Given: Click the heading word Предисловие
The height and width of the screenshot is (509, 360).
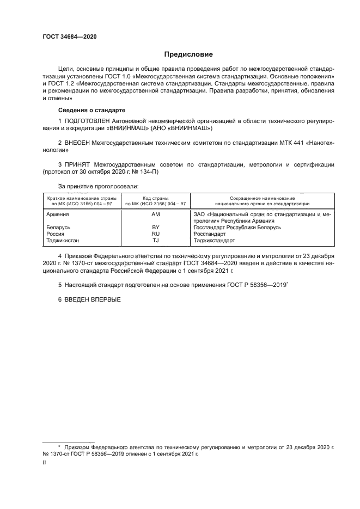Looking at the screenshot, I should pyautogui.click(x=189, y=54).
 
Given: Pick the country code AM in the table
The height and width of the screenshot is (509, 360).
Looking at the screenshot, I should pyautogui.click(x=156, y=214).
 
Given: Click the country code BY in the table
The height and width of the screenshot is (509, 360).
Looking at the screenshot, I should pyautogui.click(x=156, y=227).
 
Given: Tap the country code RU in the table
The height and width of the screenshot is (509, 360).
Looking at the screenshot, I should pyautogui.click(x=156, y=234).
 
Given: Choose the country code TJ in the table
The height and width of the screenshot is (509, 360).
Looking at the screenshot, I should pyautogui.click(x=156, y=240).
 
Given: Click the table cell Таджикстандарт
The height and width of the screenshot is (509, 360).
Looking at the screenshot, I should pyautogui.click(x=217, y=240).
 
